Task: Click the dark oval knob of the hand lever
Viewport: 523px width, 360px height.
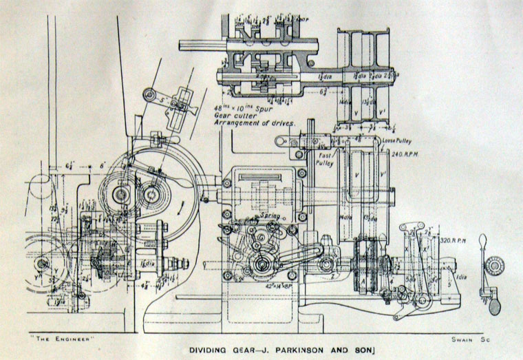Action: click(495, 307)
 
